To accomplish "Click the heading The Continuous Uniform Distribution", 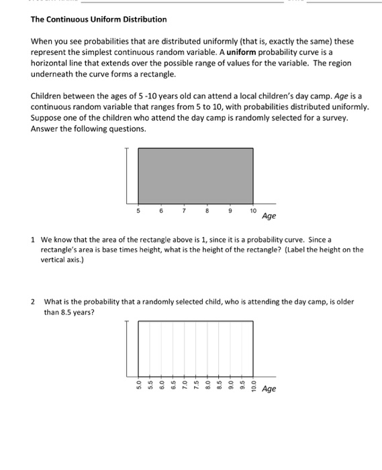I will (99, 19).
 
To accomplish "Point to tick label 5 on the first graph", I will (138, 211).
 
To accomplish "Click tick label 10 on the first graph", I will (252, 211).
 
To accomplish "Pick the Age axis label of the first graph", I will (269, 216).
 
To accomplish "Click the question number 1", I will (33, 239).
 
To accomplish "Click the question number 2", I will (33, 301).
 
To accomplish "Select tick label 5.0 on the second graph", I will (139, 387).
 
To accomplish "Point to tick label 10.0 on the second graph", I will (252, 387).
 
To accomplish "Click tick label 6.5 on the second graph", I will (173, 387).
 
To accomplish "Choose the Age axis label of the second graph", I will (269, 389).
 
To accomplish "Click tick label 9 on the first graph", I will (230, 211).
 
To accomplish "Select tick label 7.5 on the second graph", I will (195, 387).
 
